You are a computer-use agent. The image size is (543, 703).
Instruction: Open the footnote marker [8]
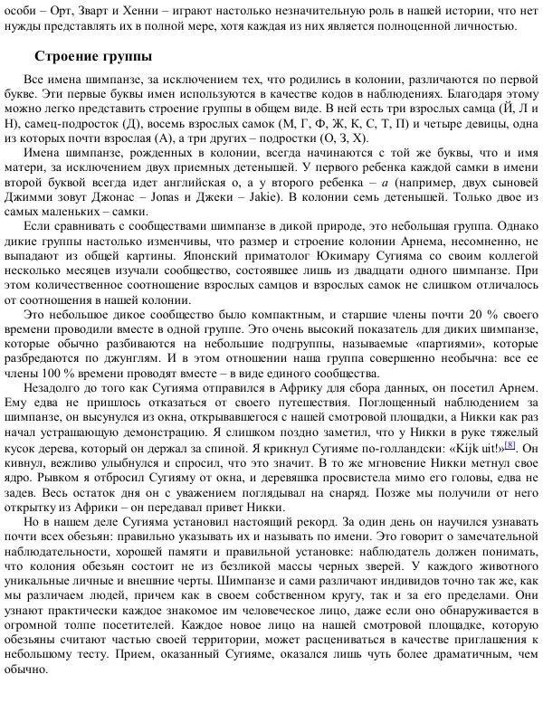point(510,444)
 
